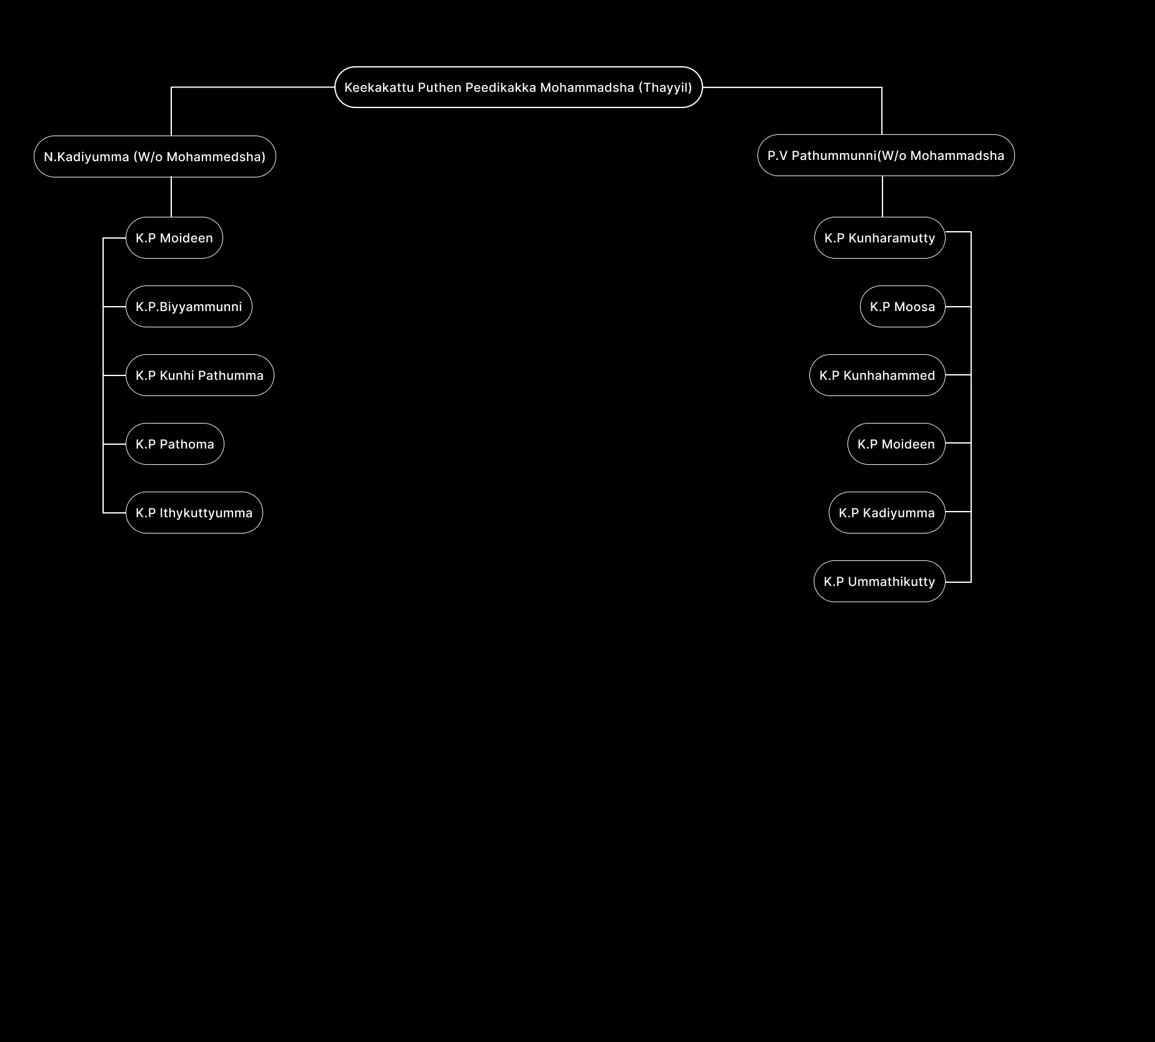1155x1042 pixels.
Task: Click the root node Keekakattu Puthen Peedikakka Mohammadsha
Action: (518, 87)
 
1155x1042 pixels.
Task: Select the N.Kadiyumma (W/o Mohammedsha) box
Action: (154, 157)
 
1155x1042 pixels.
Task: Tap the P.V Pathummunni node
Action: (886, 156)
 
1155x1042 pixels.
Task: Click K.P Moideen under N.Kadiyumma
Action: (174, 238)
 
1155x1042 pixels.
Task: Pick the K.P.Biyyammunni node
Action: (189, 307)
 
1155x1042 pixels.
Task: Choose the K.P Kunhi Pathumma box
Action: (199, 375)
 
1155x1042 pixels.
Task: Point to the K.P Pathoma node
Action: (175, 444)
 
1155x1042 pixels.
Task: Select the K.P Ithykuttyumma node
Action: (194, 513)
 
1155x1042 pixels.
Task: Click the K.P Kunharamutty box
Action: (879, 238)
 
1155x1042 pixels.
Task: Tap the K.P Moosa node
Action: (902, 307)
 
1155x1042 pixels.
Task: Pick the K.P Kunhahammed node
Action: (877, 375)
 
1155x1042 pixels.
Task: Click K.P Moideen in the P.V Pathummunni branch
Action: (896, 444)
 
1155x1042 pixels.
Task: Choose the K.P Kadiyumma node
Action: (887, 513)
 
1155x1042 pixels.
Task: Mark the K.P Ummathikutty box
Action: (879, 582)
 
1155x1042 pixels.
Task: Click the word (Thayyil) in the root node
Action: (665, 87)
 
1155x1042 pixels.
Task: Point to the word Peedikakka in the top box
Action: (501, 87)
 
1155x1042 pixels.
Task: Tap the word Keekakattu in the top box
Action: (379, 87)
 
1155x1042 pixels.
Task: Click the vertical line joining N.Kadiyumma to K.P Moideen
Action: (171, 197)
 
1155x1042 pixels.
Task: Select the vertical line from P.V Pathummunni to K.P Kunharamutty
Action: (882, 196)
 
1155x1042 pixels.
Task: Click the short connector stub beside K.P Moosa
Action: (958, 307)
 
